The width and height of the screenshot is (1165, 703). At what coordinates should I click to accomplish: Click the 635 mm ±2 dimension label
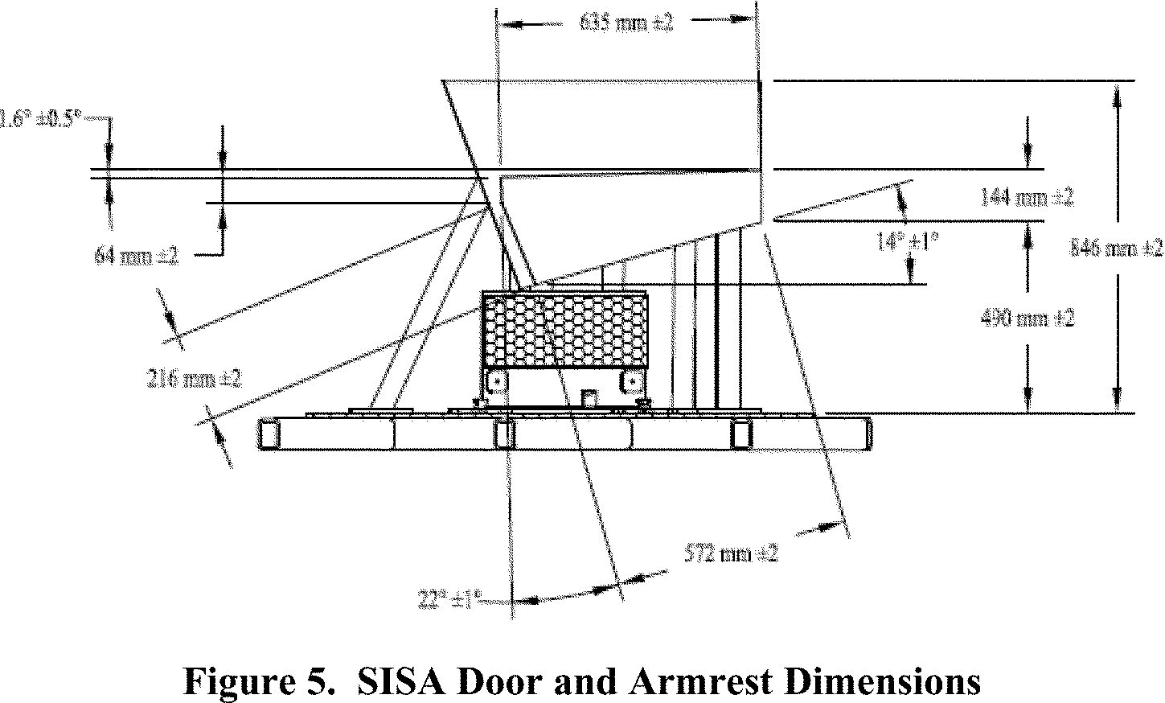click(626, 23)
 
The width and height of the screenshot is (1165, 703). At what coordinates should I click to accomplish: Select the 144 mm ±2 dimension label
click(1027, 198)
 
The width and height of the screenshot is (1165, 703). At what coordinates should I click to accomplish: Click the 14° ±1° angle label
click(909, 240)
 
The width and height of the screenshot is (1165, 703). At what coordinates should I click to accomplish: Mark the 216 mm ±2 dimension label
click(194, 378)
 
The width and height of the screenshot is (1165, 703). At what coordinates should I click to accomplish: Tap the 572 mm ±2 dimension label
click(732, 553)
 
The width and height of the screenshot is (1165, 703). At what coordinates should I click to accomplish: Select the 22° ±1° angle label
click(449, 599)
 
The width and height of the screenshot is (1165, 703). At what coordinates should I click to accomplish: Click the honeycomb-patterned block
click(564, 330)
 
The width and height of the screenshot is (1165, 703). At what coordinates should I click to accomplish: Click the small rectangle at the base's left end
click(269, 434)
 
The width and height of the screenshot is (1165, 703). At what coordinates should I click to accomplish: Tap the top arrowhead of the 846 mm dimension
click(1116, 93)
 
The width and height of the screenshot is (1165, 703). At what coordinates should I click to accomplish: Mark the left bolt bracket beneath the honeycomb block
click(496, 381)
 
